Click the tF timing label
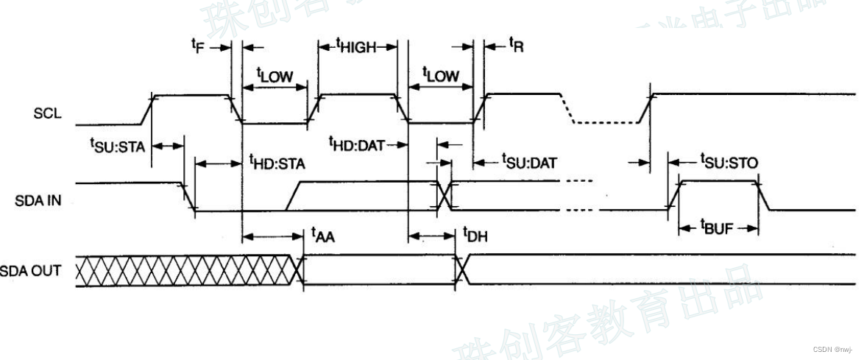(196, 46)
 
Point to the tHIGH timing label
(356, 46)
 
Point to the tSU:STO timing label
(729, 160)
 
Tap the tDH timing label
(475, 236)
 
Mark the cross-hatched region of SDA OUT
(184, 270)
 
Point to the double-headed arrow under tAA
(273, 236)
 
